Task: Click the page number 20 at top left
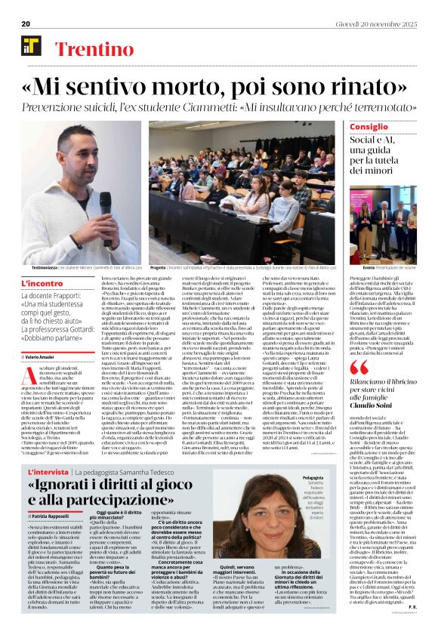(25, 23)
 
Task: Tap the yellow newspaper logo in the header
(30, 46)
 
